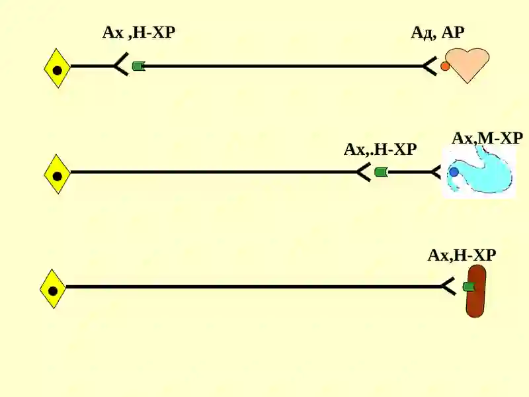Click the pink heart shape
[x=468, y=64]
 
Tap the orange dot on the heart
[x=445, y=66]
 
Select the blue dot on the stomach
[x=454, y=172]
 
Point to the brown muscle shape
[x=475, y=291]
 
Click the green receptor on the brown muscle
[x=469, y=287]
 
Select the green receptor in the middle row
[x=382, y=172]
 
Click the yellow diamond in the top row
[x=58, y=68]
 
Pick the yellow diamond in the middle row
[x=58, y=174]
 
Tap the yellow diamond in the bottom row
[x=53, y=289]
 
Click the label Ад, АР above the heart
[x=438, y=32]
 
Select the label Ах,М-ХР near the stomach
[x=487, y=138]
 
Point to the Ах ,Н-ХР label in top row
[x=139, y=32]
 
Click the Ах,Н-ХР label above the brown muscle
[x=462, y=255]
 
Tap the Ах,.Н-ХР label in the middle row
[x=380, y=150]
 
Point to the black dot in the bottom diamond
[x=53, y=290]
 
